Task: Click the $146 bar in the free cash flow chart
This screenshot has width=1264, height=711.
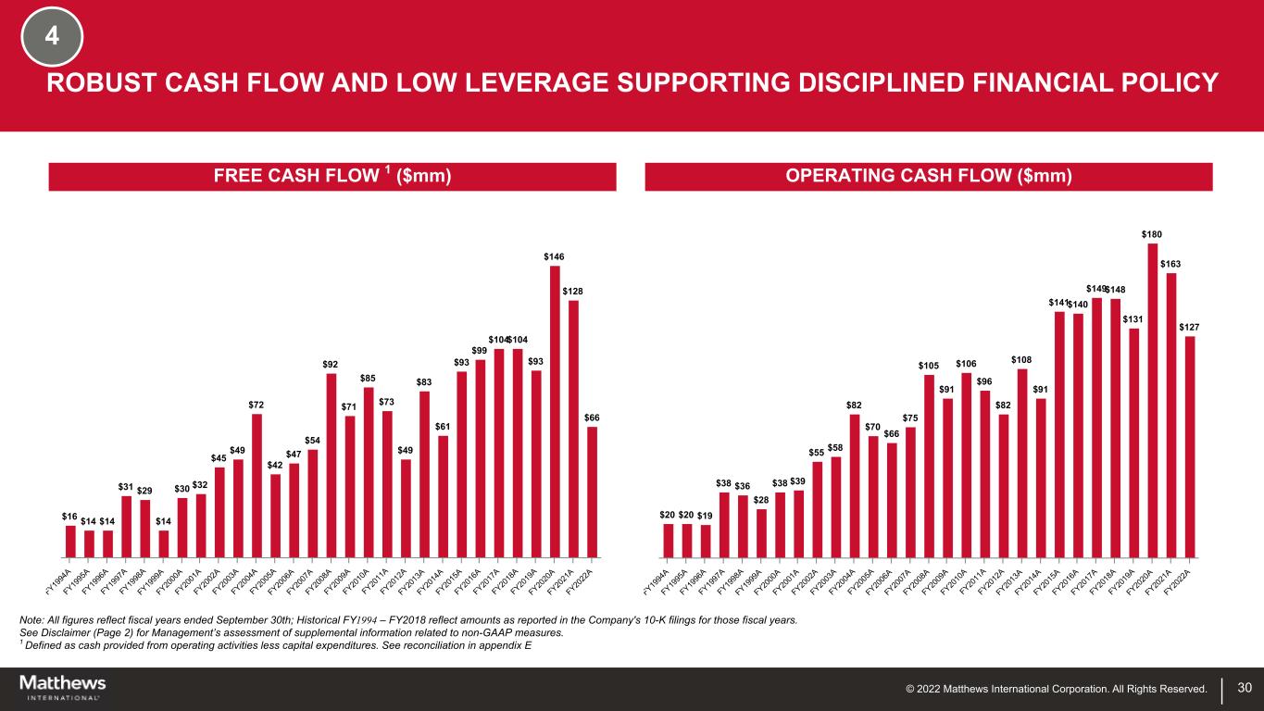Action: [555, 412]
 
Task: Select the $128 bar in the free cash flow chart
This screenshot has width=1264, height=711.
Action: [573, 429]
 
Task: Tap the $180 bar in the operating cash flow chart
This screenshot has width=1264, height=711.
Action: [1152, 401]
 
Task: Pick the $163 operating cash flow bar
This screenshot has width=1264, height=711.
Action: [1170, 416]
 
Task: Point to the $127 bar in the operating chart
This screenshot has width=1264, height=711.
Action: [1190, 447]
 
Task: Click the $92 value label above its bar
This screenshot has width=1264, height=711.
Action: [331, 365]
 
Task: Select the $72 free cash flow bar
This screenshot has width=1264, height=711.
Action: [257, 486]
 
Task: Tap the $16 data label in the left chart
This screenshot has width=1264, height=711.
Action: [70, 516]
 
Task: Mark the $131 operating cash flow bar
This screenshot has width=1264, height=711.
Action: [1133, 443]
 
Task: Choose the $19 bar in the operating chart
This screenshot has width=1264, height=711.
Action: [706, 542]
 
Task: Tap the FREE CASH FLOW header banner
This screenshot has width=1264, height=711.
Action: [332, 177]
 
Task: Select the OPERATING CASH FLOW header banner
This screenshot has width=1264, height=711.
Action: [928, 177]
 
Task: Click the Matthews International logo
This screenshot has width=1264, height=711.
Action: [63, 688]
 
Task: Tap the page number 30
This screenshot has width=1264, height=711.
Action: [1245, 688]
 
